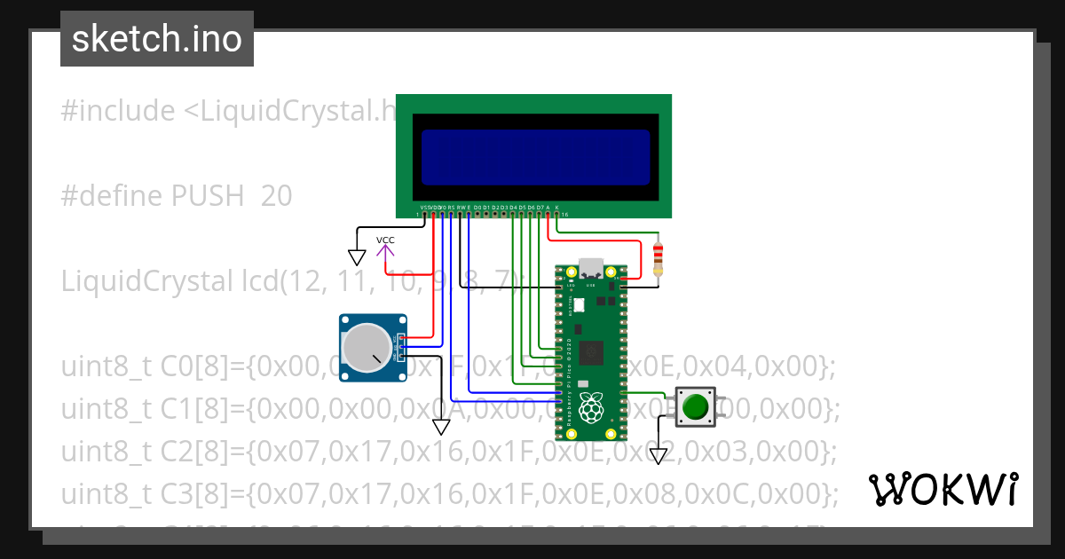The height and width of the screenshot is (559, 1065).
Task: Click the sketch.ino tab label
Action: click(x=156, y=40)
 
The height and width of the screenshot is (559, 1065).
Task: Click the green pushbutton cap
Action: click(x=695, y=407)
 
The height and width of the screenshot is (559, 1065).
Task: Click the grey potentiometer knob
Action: click(x=367, y=348)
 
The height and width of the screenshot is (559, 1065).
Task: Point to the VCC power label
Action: click(x=385, y=240)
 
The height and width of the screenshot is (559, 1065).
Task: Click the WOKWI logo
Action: click(x=943, y=489)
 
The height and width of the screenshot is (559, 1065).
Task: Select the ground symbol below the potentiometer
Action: click(x=441, y=427)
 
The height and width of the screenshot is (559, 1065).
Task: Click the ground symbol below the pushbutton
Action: click(x=658, y=456)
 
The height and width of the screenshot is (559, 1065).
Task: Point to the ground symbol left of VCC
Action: click(x=357, y=257)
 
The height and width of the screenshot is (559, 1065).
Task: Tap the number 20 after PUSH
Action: click(x=276, y=196)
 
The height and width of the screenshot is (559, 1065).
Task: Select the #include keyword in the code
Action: click(x=118, y=111)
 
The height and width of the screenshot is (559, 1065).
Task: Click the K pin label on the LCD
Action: click(x=556, y=207)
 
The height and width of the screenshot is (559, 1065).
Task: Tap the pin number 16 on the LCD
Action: click(x=564, y=215)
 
